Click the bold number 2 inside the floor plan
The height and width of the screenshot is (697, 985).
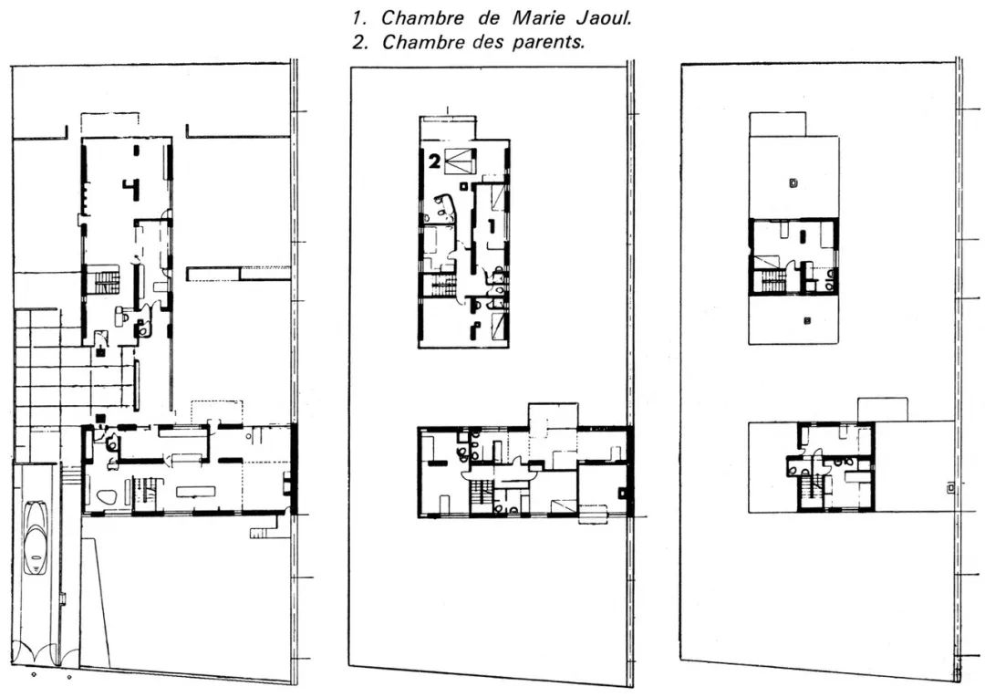pyautogui.click(x=434, y=164)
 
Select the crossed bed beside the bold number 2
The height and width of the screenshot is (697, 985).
pyautogui.click(x=461, y=161)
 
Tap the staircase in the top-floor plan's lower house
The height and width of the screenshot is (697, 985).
pyautogui.click(x=810, y=492)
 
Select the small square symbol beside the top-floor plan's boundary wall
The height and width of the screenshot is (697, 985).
pyautogui.click(x=952, y=488)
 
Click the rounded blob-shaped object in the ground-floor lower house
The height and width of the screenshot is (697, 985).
pyautogui.click(x=105, y=498)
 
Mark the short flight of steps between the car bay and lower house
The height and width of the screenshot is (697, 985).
pyautogui.click(x=69, y=474)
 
